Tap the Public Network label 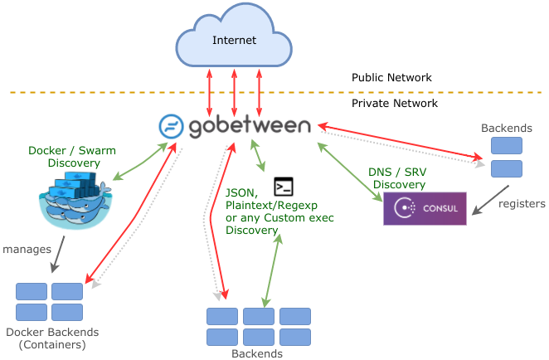(391, 77)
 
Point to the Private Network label (395, 104)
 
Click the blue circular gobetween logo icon (171, 126)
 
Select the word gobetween (250, 126)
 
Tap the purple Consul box (425, 208)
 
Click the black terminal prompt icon (284, 187)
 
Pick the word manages (27, 250)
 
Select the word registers (522, 204)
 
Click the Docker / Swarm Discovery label (72, 157)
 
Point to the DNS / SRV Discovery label (398, 178)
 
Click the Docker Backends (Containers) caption (52, 338)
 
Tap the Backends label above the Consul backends (506, 129)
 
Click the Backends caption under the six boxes (257, 353)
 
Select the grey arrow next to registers (490, 200)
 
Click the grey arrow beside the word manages (58, 255)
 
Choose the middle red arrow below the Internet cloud (234, 93)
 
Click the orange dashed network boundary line (276, 92)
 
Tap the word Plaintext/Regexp (271, 205)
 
